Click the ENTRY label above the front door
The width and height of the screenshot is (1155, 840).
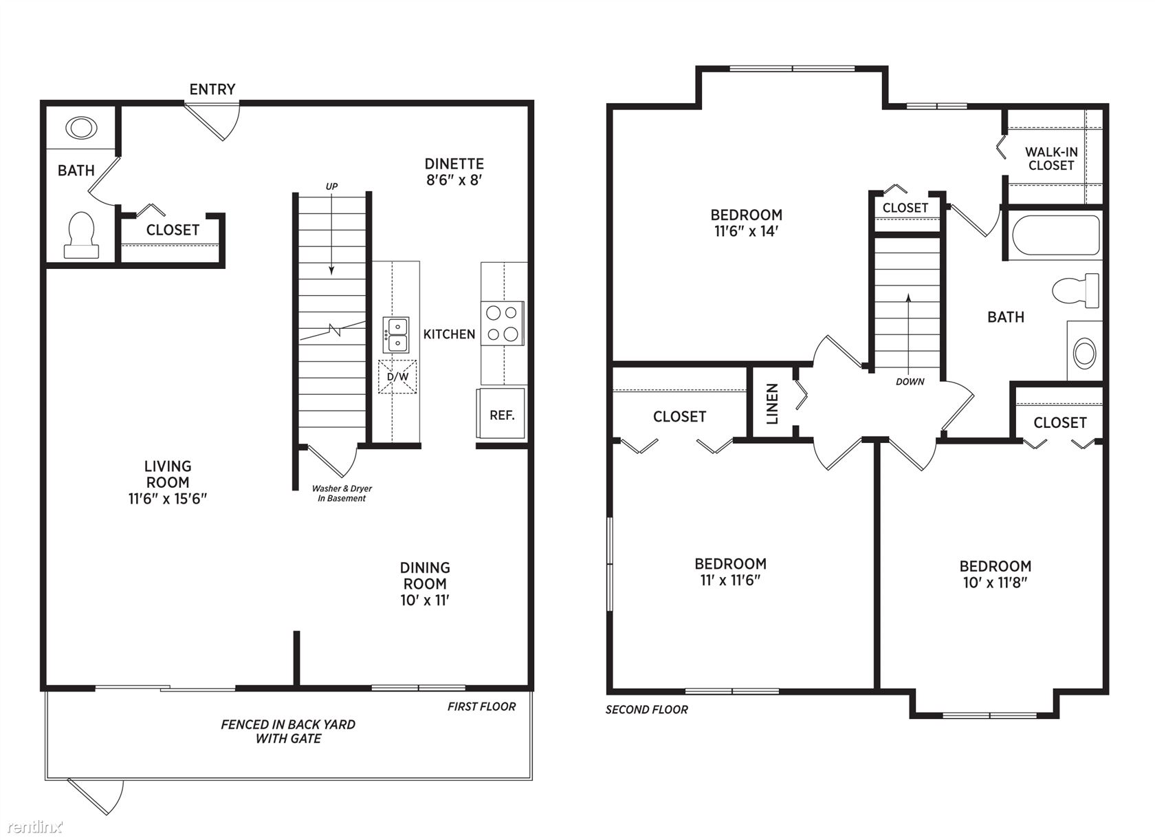(x=212, y=89)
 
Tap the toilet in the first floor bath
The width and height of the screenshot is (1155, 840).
(x=81, y=235)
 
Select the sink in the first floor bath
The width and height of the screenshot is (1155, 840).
(x=81, y=127)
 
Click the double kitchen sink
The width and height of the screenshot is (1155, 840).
(x=396, y=335)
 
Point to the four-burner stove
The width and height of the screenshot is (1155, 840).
(x=502, y=323)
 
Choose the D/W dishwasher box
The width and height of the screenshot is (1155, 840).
(x=397, y=377)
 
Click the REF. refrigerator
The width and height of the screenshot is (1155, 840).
(x=501, y=414)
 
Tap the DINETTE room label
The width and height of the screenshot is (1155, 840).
(x=454, y=164)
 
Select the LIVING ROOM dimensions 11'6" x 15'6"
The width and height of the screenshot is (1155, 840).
(x=168, y=498)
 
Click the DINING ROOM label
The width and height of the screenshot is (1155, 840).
(x=426, y=576)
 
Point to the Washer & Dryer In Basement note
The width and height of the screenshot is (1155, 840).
(x=342, y=493)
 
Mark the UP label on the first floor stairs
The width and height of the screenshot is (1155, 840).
(x=331, y=186)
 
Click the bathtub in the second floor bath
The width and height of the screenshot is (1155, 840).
(x=1056, y=235)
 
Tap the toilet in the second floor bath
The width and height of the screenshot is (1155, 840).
(x=1075, y=290)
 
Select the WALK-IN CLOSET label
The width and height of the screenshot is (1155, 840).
(x=1051, y=159)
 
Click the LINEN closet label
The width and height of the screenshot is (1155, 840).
(x=772, y=403)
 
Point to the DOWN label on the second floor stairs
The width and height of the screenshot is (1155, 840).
(x=910, y=382)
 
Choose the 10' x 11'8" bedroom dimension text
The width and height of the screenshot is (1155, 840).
(x=995, y=583)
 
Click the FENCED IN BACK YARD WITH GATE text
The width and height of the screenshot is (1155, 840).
(x=288, y=732)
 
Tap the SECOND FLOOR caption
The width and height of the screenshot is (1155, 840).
(x=646, y=710)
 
